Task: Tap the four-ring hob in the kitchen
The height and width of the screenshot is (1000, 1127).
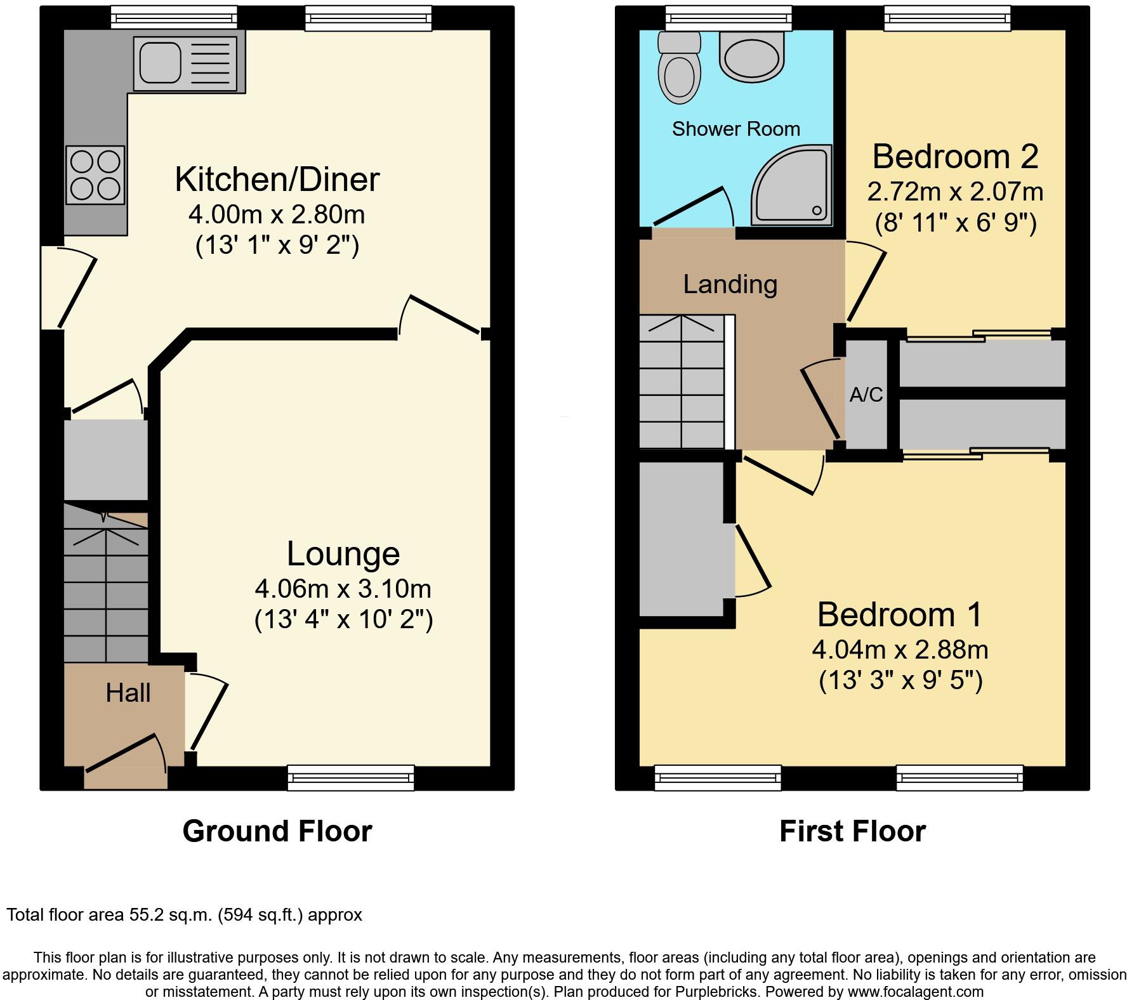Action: point(95,176)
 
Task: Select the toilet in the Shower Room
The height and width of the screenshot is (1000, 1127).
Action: point(678,70)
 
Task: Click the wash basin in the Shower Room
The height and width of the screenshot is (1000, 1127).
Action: point(752,56)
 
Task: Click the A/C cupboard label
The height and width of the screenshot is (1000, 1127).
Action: point(866,395)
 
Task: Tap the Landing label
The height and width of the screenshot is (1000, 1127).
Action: point(730,284)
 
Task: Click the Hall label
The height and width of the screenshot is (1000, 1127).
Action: point(128,693)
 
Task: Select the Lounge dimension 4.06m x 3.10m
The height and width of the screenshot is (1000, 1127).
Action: point(343,589)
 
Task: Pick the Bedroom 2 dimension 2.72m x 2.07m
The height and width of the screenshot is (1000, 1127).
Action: point(955,192)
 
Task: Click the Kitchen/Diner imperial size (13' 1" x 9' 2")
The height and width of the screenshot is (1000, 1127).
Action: point(277,245)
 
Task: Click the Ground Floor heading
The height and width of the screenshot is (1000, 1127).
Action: point(277,831)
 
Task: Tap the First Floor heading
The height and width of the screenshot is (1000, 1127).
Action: point(852,831)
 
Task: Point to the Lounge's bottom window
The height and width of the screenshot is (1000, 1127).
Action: point(350,778)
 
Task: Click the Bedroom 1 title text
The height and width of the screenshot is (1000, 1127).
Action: point(899,615)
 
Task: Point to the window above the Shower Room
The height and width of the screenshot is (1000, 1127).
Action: point(728,18)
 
